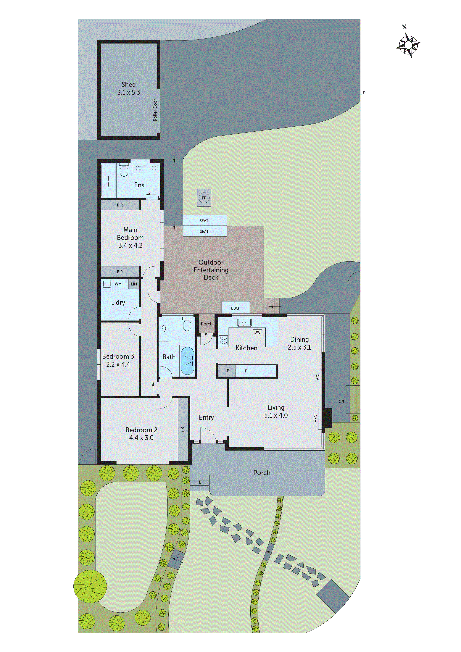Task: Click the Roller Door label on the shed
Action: (x=155, y=110)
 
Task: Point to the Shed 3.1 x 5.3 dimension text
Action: (x=129, y=92)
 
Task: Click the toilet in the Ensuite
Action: (x=124, y=170)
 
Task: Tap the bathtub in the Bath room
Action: (x=188, y=361)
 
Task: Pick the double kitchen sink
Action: (x=244, y=322)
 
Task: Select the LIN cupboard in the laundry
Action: (x=134, y=284)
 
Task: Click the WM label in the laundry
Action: (x=118, y=284)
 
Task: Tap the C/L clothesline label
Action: (x=342, y=401)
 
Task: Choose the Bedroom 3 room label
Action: (x=118, y=356)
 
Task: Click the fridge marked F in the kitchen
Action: (x=246, y=371)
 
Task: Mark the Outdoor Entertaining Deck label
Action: (x=211, y=270)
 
